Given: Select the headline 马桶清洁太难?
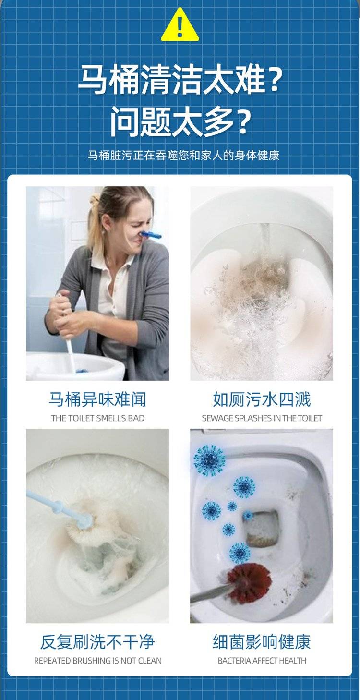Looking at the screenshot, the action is coord(180,80).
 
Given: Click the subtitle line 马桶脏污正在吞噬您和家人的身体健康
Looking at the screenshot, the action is coord(183,155).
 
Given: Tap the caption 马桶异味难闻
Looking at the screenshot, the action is coord(97,399).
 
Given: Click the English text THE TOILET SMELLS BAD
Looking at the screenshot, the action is coord(98,418).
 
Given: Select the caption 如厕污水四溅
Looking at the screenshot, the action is coord(262,399).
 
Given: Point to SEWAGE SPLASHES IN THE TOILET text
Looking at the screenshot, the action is coord(262,418).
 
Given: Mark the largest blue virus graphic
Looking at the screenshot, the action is coord(209,459).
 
